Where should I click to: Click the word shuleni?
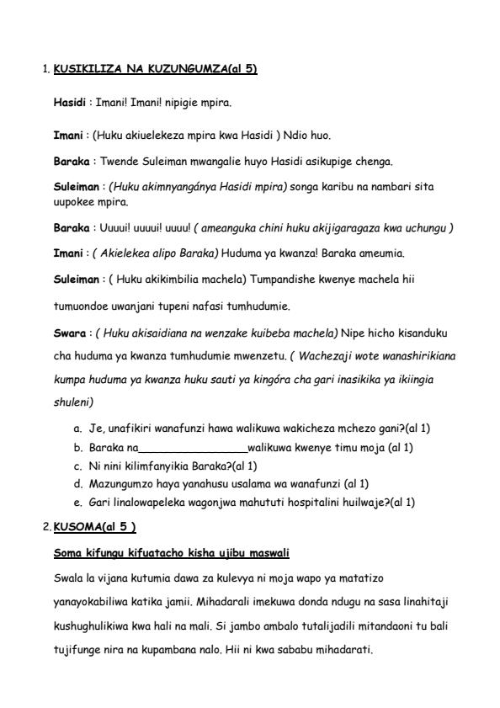click(x=73, y=402)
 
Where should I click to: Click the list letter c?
click(x=77, y=466)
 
